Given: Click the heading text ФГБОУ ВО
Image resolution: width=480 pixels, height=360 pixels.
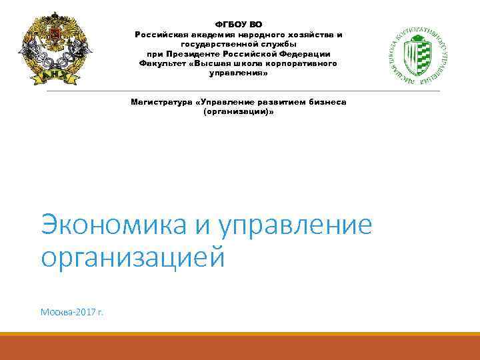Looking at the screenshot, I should pyautogui.click(x=238, y=25).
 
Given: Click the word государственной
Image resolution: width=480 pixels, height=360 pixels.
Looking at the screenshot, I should pyautogui.click(x=221, y=44).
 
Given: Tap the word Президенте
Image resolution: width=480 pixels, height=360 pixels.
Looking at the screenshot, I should pyautogui.click(x=194, y=54).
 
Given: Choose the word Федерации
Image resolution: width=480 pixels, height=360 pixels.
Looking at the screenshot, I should pyautogui.click(x=302, y=54).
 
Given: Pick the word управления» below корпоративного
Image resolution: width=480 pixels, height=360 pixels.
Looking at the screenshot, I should pyautogui.click(x=238, y=73).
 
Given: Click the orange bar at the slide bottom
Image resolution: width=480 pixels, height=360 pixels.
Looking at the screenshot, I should pyautogui.click(x=240, y=347).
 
